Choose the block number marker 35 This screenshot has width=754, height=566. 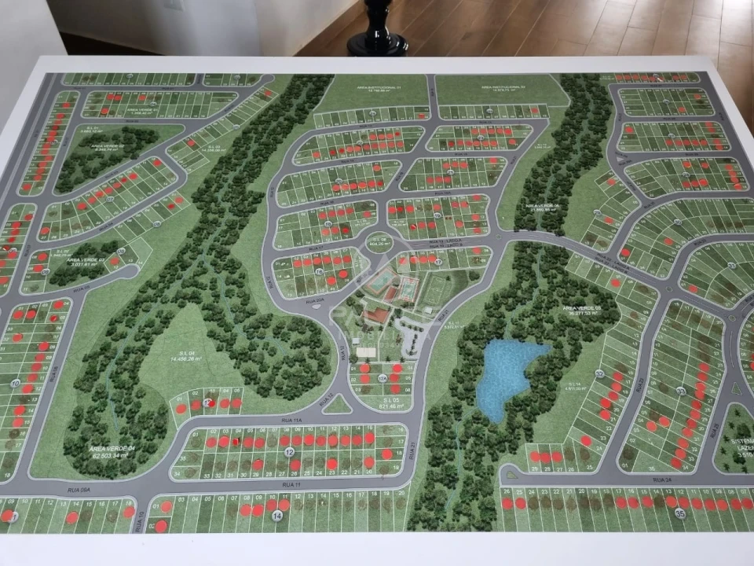(680, 514)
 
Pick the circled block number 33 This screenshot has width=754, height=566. (680, 391)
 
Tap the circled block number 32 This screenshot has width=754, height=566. (599, 373)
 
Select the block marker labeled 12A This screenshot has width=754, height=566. (382, 379)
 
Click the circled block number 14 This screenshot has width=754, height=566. (278, 516)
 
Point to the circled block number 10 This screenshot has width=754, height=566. (16, 384)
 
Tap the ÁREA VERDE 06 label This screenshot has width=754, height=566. (541, 208)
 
